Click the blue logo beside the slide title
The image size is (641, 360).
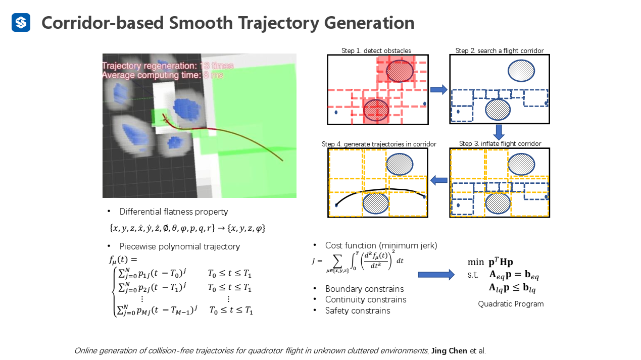click(21, 23)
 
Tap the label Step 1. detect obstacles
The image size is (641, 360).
click(376, 50)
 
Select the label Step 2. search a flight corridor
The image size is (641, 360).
click(499, 50)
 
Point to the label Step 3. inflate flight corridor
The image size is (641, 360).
click(500, 144)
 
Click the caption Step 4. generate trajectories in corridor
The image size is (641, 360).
click(379, 144)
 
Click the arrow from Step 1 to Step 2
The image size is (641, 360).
click(438, 90)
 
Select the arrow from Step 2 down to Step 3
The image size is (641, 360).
click(499, 132)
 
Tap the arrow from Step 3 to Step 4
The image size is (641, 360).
click(438, 180)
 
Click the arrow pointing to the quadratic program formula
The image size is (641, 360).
click(436, 275)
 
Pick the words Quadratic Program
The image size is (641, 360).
click(511, 304)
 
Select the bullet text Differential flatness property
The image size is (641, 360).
click(173, 212)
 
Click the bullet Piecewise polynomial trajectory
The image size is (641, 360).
click(179, 246)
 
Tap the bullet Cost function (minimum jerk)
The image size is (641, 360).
click(381, 245)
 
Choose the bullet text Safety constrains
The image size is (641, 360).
click(357, 311)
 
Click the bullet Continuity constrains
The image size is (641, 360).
click(365, 299)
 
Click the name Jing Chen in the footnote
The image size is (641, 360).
click(449, 350)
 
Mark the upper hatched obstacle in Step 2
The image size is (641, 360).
click(521, 71)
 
